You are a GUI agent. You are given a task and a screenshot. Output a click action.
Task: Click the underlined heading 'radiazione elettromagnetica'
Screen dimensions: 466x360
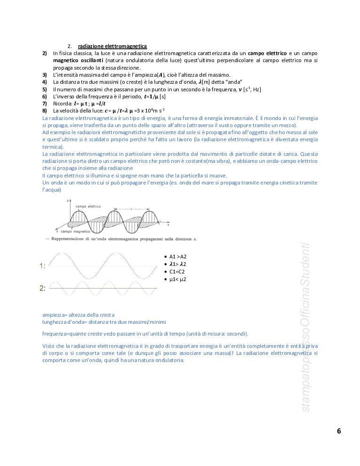click(x=112, y=46)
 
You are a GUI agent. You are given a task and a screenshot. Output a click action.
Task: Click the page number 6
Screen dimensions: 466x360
click(x=339, y=431)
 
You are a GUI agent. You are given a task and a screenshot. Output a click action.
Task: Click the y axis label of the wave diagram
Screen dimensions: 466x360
click(x=68, y=201)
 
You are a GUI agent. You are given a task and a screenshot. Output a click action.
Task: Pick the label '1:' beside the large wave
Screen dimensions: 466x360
click(x=42, y=266)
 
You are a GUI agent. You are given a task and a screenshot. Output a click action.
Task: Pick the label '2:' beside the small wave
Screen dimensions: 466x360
click(x=42, y=288)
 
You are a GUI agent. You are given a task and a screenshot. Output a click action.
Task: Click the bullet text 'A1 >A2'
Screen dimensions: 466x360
click(x=178, y=257)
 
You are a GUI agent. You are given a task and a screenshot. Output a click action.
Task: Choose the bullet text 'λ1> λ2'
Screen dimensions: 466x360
click(x=178, y=264)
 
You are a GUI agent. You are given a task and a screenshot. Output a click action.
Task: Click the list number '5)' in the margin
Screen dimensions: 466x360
click(x=44, y=89)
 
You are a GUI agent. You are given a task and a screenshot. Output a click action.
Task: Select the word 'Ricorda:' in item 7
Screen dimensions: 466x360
click(x=63, y=104)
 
